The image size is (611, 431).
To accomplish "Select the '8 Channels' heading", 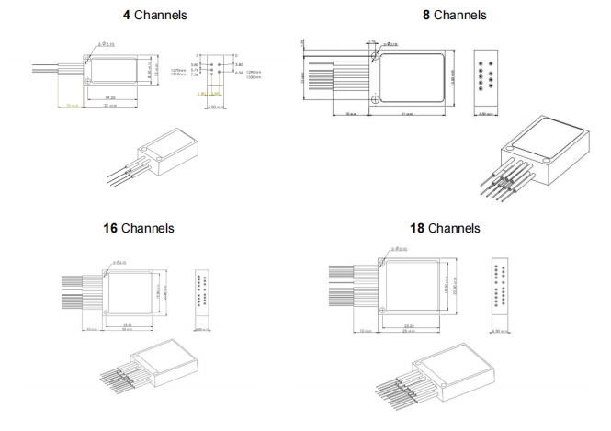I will (454, 15).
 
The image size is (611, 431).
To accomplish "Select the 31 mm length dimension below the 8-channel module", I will (408, 114).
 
